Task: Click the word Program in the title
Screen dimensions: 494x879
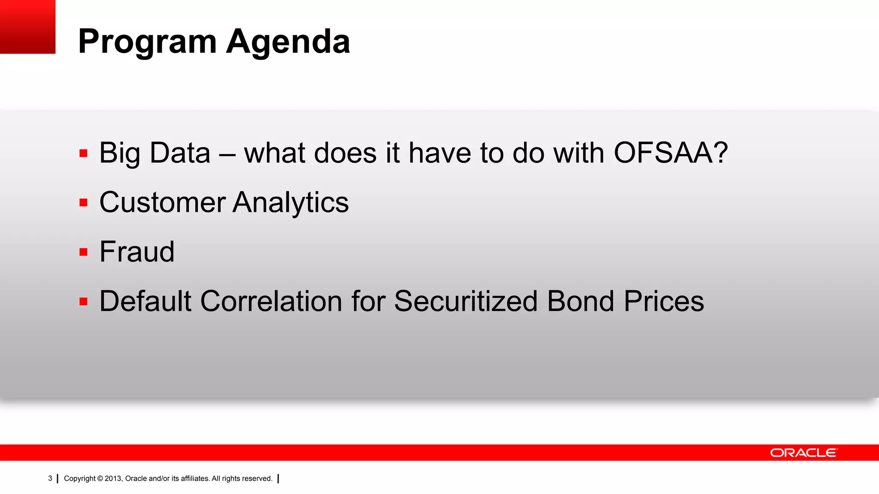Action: click(x=147, y=42)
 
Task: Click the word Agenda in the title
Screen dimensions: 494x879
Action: click(x=288, y=42)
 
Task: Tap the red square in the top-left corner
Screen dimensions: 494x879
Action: click(x=27, y=27)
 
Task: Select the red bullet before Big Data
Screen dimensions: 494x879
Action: click(x=84, y=154)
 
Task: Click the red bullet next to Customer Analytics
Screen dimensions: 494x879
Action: click(x=84, y=202)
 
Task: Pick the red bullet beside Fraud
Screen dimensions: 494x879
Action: click(x=84, y=252)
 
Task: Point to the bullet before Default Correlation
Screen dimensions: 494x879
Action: click(x=84, y=301)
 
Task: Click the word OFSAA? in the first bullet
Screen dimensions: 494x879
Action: click(x=670, y=153)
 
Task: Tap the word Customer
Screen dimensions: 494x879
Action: click(x=162, y=202)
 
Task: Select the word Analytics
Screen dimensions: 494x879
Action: click(x=291, y=202)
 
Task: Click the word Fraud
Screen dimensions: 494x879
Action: click(x=137, y=252)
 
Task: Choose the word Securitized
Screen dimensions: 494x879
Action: click(x=466, y=301)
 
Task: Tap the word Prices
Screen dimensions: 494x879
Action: click(x=664, y=301)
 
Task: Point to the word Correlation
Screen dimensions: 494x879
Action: click(x=271, y=301)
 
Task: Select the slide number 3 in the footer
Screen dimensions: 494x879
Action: click(x=50, y=479)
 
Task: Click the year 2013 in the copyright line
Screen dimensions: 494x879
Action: click(x=113, y=479)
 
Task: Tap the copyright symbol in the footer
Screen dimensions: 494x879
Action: click(x=100, y=479)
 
